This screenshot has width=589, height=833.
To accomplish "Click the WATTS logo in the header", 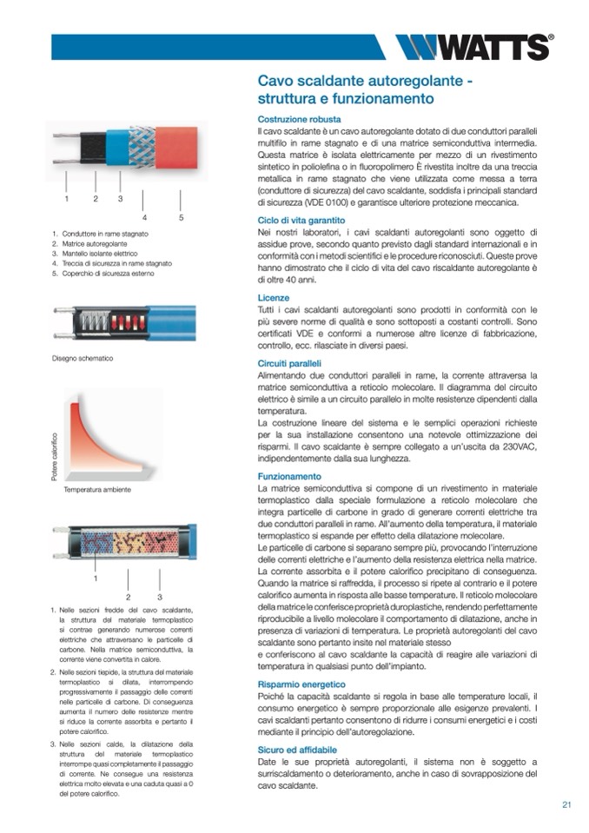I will [473, 46].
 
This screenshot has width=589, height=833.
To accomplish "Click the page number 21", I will [566, 804].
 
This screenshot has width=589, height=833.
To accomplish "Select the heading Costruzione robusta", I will [300, 119].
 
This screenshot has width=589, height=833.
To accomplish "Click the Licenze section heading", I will [274, 297].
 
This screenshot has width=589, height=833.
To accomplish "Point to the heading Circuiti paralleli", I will [290, 362].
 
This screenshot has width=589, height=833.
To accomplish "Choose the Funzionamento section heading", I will [290, 477].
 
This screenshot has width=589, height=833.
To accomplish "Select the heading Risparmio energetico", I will [301, 685].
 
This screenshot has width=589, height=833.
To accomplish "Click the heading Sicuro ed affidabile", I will [298, 749].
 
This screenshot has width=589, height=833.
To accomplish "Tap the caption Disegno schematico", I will [83, 359].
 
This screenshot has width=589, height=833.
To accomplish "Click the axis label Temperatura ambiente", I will [97, 490].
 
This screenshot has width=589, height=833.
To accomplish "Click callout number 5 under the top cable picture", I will [181, 217].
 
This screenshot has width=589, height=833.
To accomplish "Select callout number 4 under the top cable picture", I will [144, 217].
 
